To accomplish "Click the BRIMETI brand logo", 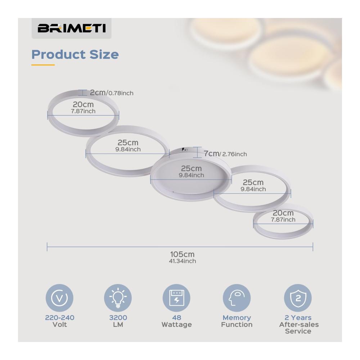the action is click(x=72, y=28).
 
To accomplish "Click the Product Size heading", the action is click(x=75, y=54).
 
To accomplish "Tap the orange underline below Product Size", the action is click(x=43, y=65).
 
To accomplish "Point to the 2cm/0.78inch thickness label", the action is click(x=112, y=93).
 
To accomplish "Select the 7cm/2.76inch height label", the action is click(x=225, y=154).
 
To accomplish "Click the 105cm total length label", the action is click(x=182, y=254).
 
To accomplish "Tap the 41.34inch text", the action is click(x=183, y=261).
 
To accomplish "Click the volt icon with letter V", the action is click(x=59, y=298).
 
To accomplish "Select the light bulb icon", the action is click(x=118, y=298).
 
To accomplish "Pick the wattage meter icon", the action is click(x=176, y=298).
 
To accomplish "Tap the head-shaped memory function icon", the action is click(x=237, y=298).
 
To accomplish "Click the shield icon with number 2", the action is click(x=298, y=298).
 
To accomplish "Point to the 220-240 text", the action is click(x=60, y=318).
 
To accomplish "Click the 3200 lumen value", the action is click(x=118, y=318).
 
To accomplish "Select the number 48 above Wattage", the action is click(x=176, y=318).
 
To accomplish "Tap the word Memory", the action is click(x=237, y=318).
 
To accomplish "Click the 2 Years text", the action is click(x=298, y=318).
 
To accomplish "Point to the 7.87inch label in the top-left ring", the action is click(x=83, y=111).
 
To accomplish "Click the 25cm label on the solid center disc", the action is click(x=192, y=168).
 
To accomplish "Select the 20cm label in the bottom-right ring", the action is click(x=283, y=213).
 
